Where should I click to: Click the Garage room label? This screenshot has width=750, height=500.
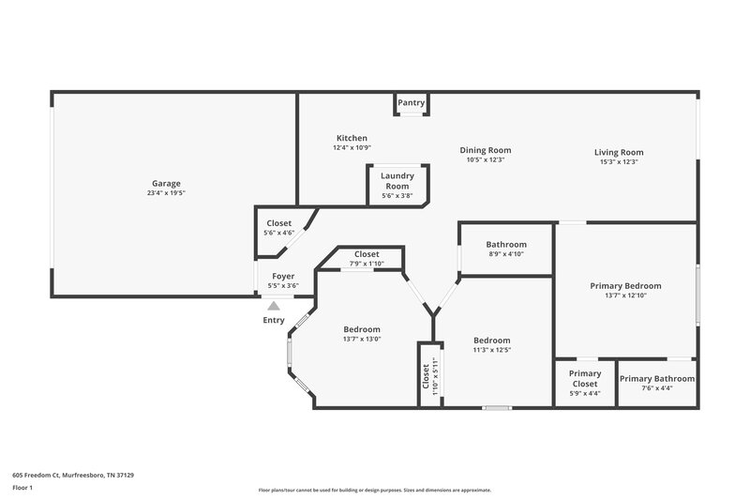[x=166, y=183]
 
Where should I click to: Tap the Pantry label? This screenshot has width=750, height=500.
[x=411, y=102]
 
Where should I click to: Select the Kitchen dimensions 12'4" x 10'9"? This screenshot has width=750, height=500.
[x=352, y=148]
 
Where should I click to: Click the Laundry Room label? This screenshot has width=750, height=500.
[x=397, y=180]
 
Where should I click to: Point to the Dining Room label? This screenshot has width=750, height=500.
[x=485, y=149]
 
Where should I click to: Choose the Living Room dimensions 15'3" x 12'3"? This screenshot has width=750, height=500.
[x=619, y=162]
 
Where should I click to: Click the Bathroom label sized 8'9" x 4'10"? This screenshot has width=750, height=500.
[x=506, y=244]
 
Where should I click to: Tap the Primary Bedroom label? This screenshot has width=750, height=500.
[x=625, y=285]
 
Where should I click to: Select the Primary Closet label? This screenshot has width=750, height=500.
[x=585, y=379]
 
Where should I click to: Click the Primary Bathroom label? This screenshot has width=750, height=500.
[x=657, y=379]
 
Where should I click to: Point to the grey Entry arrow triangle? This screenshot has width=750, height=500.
[x=273, y=305]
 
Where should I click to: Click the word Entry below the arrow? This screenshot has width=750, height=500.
[x=273, y=320]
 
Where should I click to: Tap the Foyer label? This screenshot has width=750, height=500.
[x=283, y=276]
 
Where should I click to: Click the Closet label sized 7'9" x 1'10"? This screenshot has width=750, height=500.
[x=367, y=254]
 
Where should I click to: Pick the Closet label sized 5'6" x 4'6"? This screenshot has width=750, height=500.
[x=279, y=223]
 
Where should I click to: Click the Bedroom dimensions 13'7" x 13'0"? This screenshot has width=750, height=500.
[x=361, y=340]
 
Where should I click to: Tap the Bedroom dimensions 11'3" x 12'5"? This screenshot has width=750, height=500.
[x=491, y=350]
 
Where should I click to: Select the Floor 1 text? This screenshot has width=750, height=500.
[x=23, y=489]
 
